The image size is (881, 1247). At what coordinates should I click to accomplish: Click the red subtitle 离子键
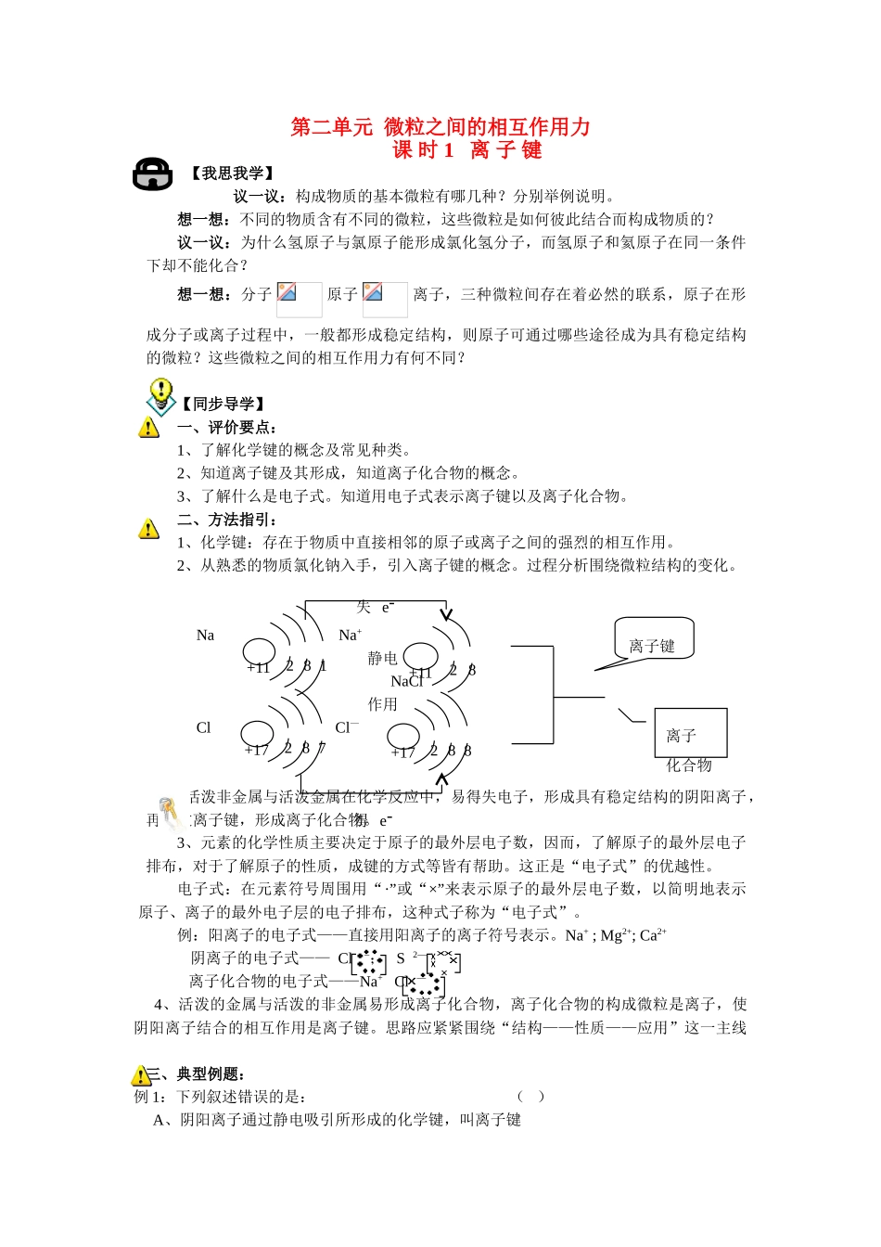[x=506, y=150]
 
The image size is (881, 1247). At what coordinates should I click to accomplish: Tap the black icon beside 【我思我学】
[x=152, y=174]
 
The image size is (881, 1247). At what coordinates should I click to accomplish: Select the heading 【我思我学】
[x=232, y=174]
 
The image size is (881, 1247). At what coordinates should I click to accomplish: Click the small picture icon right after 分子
[x=287, y=292]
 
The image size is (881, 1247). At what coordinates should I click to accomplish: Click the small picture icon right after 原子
[x=373, y=292]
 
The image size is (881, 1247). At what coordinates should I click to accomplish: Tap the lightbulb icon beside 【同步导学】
[x=160, y=396]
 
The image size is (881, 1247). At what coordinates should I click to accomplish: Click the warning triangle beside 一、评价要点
[x=148, y=428]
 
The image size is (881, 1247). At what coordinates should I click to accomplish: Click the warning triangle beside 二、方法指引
[x=148, y=529]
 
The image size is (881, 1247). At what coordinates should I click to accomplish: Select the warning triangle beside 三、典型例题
[x=141, y=1075]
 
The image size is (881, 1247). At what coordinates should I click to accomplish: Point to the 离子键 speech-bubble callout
[x=653, y=645]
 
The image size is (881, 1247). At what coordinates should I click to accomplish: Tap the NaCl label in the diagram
[x=406, y=681]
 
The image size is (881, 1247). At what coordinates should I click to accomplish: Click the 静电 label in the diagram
[x=382, y=658]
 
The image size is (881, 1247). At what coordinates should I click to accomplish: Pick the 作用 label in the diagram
[x=382, y=704]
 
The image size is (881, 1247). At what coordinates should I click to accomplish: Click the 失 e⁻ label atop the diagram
[x=375, y=608]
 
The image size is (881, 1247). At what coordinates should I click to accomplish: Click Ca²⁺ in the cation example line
[x=653, y=935]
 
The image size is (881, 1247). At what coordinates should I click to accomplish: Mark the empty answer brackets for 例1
[x=531, y=1096]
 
